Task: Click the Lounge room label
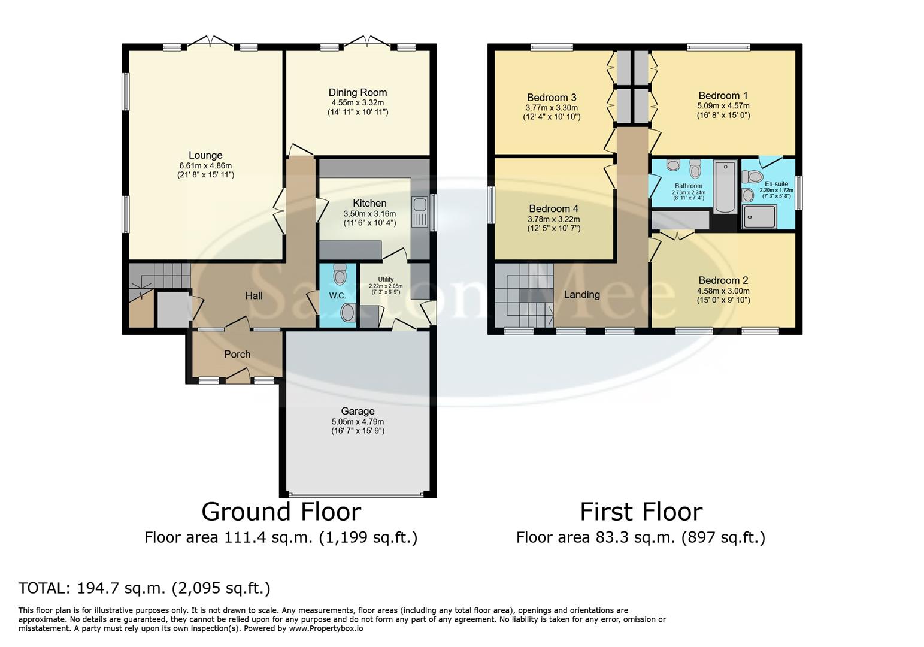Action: tap(205, 155)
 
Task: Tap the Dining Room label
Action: tap(358, 92)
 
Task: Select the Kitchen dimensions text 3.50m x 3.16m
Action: tap(369, 214)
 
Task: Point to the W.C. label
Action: tap(337, 295)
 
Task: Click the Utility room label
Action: tap(386, 279)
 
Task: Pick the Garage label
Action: tap(358, 411)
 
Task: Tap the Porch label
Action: tap(237, 354)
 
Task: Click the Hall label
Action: tap(254, 295)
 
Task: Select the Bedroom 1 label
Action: tap(723, 95)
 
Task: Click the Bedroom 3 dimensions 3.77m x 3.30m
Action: tap(551, 108)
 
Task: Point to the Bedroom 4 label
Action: tap(553, 208)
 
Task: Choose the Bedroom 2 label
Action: tap(723, 280)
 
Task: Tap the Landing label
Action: tap(581, 294)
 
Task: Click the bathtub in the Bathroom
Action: tap(725, 186)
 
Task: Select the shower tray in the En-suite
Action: tap(759, 217)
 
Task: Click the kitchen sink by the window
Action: tap(419, 205)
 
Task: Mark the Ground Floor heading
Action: tap(281, 512)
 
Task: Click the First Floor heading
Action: tap(641, 512)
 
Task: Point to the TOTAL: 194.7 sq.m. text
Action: tap(144, 588)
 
